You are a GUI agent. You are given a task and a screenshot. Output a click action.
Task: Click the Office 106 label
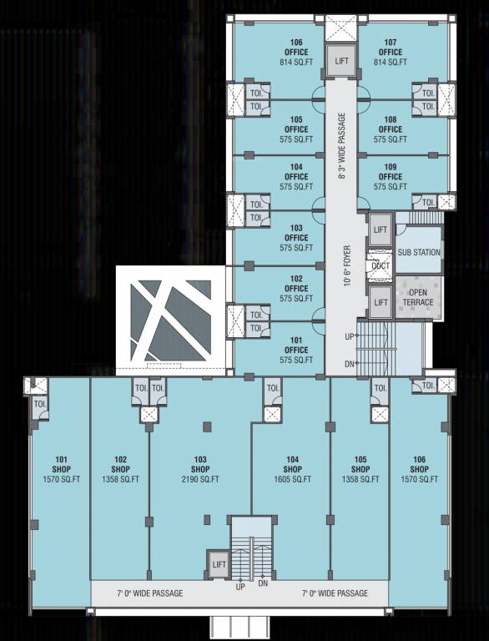[x=296, y=47]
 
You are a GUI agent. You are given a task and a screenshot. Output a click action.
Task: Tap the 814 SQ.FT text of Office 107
[x=390, y=63]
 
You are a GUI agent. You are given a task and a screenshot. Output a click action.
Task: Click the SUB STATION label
[x=418, y=252]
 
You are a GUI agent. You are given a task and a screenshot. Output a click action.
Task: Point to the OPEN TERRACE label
[x=418, y=297]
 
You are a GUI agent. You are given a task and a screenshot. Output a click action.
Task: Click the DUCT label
[x=381, y=266]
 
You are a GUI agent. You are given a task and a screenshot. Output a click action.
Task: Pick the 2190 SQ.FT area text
[x=200, y=480]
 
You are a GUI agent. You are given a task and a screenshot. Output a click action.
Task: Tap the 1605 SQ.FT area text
[x=292, y=480]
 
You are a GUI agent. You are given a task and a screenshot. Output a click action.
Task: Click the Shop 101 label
[x=61, y=464]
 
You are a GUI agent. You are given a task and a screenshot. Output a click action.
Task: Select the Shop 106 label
[x=419, y=464]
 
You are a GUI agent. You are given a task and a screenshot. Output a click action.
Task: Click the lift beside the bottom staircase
[x=219, y=564]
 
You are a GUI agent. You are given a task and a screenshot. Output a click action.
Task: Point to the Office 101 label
[x=296, y=345]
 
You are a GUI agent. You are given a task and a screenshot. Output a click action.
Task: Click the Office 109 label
[x=390, y=172]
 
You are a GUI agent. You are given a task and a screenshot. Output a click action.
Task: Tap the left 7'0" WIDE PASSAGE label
[x=149, y=593]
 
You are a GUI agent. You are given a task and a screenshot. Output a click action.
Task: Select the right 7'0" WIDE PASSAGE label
[x=335, y=593]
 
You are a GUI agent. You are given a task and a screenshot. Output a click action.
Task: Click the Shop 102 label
[x=120, y=464]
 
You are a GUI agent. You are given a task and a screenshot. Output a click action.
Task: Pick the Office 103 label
[x=296, y=232]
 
